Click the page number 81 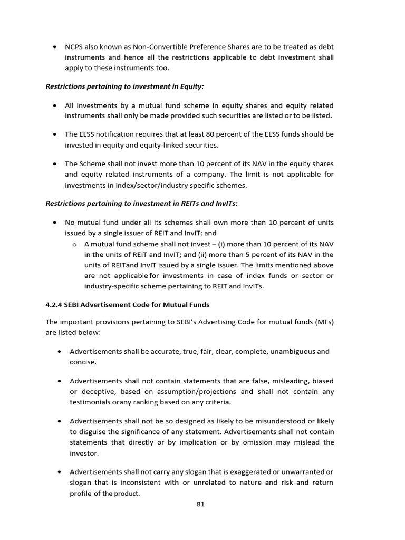point(200,504)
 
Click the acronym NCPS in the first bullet point(74,46)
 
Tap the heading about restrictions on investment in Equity point(124,86)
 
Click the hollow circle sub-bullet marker point(74,244)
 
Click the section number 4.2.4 point(55,304)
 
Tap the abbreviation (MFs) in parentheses point(322,322)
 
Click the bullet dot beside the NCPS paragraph point(55,46)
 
